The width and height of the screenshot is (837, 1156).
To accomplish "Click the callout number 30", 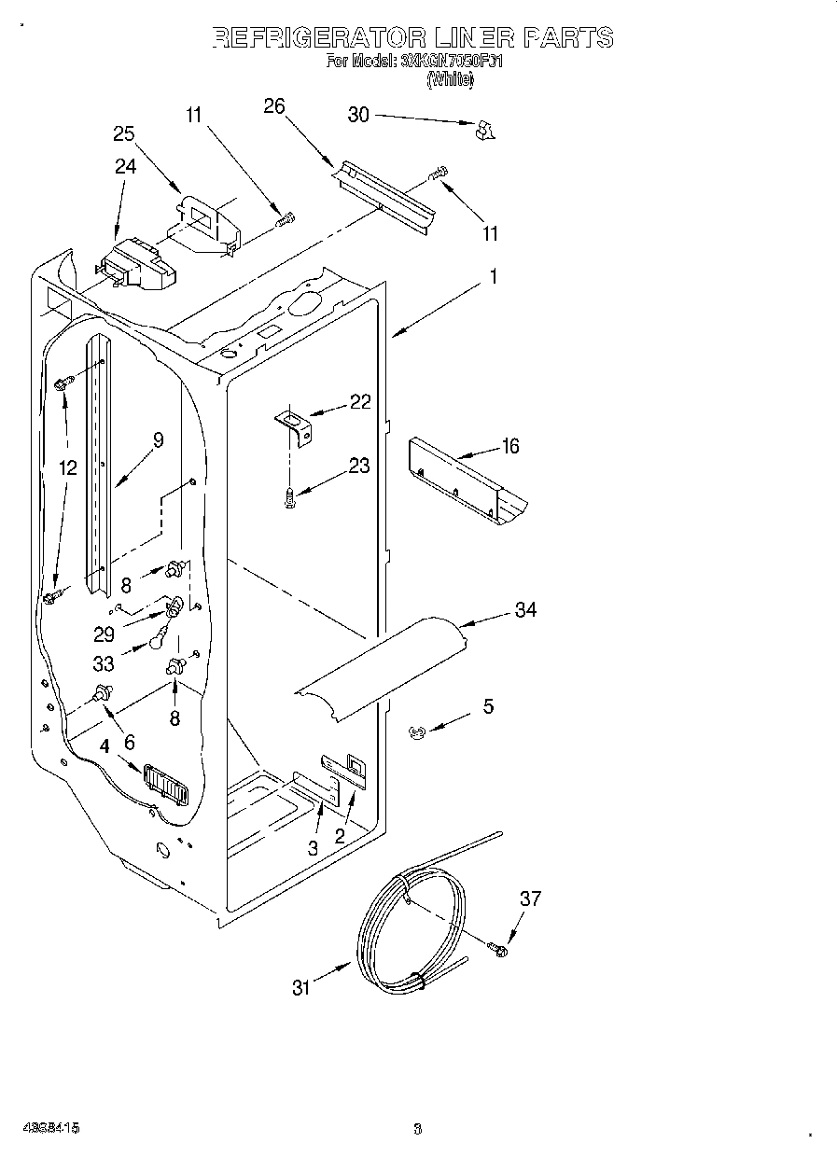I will coord(358,115).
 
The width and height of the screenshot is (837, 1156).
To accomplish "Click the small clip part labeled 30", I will coord(483,131).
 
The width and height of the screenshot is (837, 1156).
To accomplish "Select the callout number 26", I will coord(273,106).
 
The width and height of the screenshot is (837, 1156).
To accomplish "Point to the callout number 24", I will coord(125,166).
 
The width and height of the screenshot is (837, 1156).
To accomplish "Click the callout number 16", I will coord(509,446).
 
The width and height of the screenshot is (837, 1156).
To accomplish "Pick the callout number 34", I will coord(526,610).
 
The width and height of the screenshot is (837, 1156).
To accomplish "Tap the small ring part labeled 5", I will coord(417,733).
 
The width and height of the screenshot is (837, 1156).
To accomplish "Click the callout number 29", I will coord(104,634).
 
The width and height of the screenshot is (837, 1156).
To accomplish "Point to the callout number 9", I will coord(158,439).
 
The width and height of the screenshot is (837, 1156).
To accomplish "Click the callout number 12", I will coord(67,468).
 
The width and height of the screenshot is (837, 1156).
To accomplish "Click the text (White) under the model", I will coord(451,80).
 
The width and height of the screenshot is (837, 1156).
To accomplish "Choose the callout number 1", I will coord(493,277).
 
